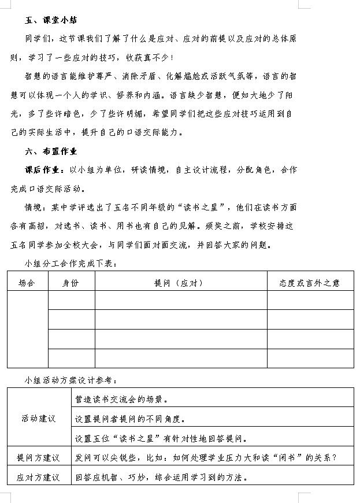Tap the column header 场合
(27, 283)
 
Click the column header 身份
(71, 283)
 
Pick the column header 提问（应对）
(180, 283)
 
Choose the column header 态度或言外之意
(310, 283)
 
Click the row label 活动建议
(39, 418)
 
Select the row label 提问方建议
(39, 458)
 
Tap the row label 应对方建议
(39, 478)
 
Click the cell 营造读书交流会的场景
(122, 399)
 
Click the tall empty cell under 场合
(27, 329)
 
